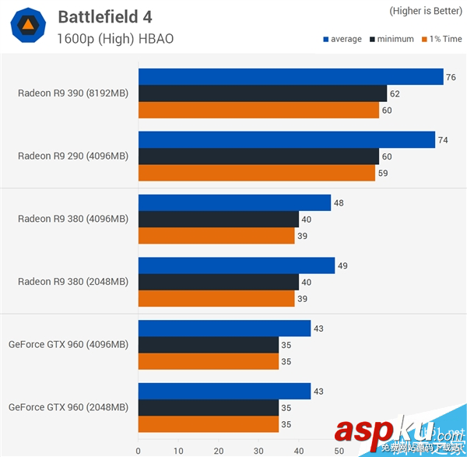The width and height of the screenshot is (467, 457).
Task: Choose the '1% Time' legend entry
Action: (x=440, y=39)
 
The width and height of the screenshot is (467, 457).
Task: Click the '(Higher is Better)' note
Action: (x=423, y=11)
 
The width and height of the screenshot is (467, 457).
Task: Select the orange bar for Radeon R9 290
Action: (x=258, y=172)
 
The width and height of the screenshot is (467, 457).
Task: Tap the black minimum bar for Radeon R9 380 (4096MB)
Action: (x=218, y=219)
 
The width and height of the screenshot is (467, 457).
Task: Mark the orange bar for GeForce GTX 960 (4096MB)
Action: (x=208, y=361)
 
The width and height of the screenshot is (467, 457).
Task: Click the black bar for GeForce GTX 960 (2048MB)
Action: (x=208, y=408)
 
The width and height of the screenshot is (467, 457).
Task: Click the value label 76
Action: (x=451, y=76)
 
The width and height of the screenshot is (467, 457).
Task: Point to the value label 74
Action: (x=443, y=139)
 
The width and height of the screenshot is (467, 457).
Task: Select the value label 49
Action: (x=342, y=265)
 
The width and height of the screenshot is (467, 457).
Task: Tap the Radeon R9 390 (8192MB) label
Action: (x=73, y=93)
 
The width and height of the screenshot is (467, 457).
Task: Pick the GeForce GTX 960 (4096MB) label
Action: (x=68, y=344)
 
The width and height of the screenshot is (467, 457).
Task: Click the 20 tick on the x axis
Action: (x=219, y=449)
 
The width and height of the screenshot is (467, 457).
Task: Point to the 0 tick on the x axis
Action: (x=138, y=449)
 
